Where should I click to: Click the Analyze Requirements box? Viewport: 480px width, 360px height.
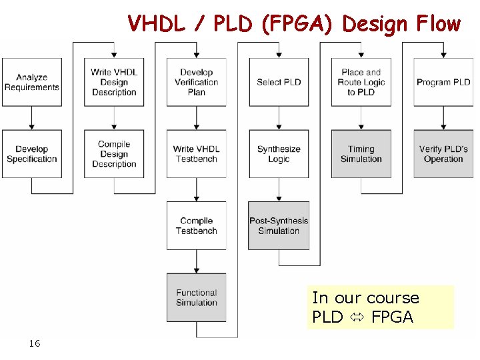pos(31,82)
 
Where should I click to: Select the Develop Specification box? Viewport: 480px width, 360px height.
pos(31,154)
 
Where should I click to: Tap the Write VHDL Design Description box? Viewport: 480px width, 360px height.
pos(114,82)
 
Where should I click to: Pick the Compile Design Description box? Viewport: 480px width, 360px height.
pos(114,154)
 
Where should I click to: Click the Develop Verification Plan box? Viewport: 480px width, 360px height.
pos(197,82)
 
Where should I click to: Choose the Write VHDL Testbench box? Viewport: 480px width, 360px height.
pos(197,154)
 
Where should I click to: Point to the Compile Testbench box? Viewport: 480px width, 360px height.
pos(197,226)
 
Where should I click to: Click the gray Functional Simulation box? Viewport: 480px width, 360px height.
pos(197,297)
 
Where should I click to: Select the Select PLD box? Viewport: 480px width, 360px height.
pos(279,82)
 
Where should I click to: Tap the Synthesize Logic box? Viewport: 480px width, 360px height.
pos(279,154)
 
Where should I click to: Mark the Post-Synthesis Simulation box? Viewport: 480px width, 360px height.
pos(279,226)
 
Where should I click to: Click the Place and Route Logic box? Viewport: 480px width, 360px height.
pos(361,82)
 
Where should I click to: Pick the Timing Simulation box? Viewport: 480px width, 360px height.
pos(361,154)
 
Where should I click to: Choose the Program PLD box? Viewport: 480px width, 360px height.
pos(443,82)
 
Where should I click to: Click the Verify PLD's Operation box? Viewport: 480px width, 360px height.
pos(443,154)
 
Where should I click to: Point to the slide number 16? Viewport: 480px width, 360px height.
pos(35,343)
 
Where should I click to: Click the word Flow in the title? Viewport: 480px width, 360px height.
pos(437,24)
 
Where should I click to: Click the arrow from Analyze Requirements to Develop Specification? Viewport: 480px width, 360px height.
pos(31,118)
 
